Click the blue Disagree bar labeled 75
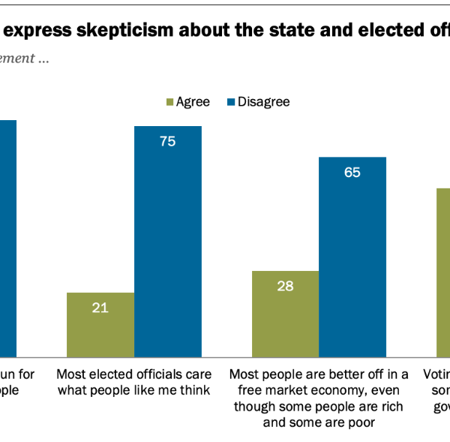[168, 240]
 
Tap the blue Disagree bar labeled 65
[352, 256]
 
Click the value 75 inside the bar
[168, 140]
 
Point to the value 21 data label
[100, 307]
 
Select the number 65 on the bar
[352, 172]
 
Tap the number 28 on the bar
[286, 285]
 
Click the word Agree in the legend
[193, 102]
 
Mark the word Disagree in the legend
[263, 102]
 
